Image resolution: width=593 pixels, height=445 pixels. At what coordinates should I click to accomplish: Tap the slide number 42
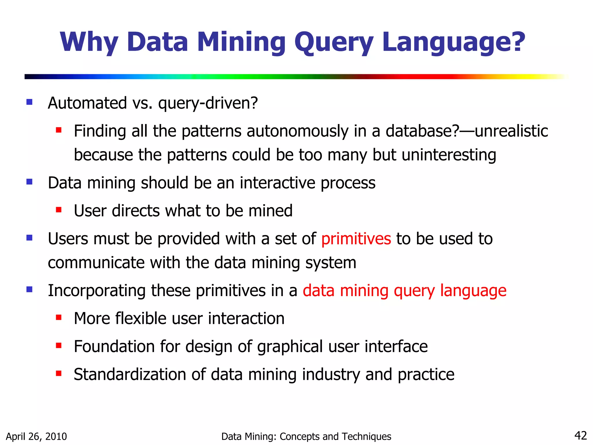pos(580,435)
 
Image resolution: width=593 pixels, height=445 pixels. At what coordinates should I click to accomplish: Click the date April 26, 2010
pos(36,436)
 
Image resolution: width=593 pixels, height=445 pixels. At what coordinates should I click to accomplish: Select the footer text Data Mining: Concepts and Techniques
pos(306,436)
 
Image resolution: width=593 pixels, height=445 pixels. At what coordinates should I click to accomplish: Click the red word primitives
pos(356,239)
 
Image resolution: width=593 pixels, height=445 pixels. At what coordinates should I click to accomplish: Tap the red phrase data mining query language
pos(405,290)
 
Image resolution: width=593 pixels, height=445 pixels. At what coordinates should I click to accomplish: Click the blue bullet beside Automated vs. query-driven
pos(29,102)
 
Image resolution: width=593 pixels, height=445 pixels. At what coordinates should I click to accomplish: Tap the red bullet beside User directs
pos(59,209)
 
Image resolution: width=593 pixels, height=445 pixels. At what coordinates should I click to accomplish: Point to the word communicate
pos(96,263)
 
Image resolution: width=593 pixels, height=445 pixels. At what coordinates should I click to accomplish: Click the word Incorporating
pos(96,290)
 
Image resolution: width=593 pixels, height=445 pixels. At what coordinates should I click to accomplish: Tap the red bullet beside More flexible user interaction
pos(59,318)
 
